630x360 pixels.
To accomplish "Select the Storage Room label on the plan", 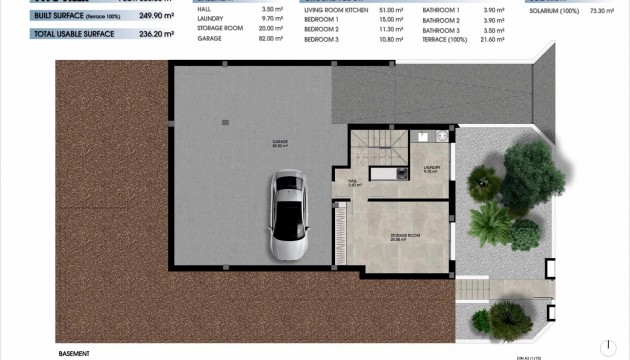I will tap(402, 236).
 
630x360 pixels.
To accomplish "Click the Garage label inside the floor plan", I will tap(266, 142).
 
